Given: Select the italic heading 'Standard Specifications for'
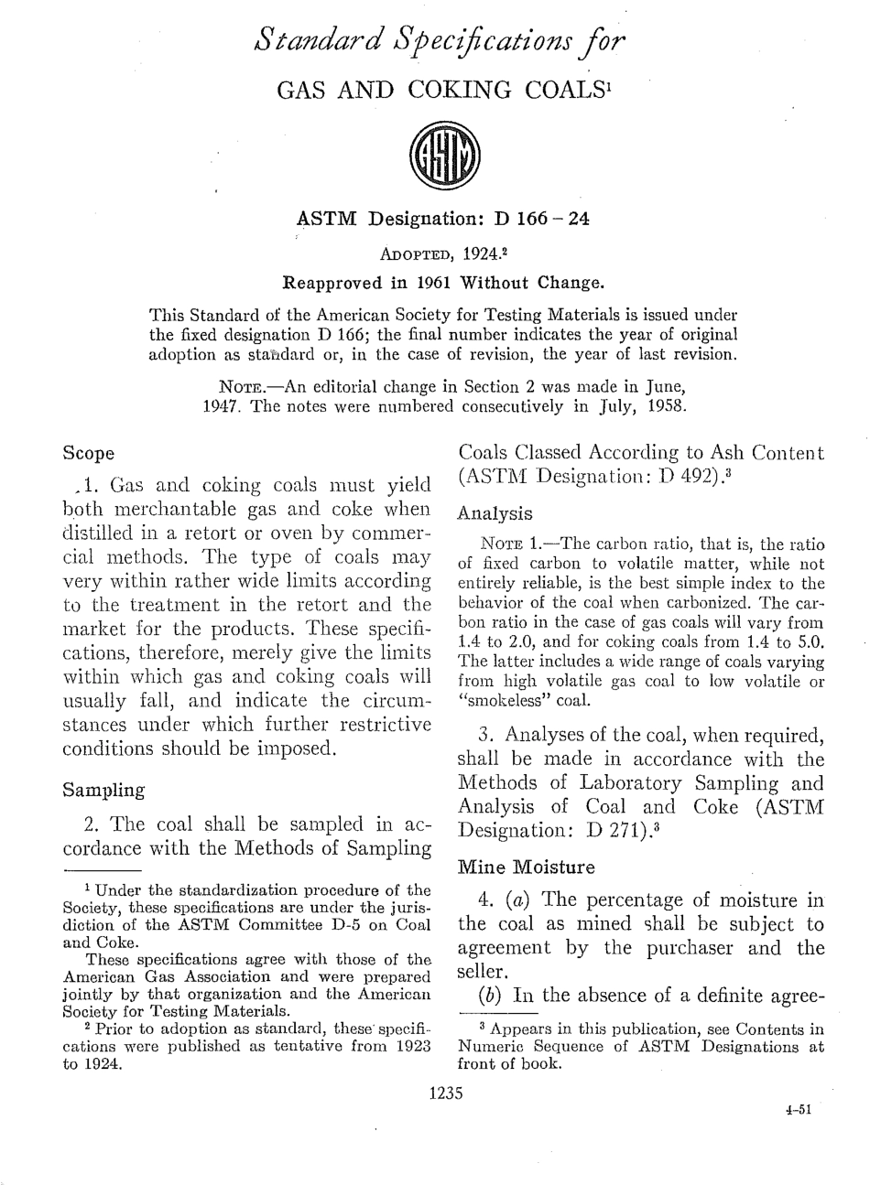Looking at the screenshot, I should tap(441, 41).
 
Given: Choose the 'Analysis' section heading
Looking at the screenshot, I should tap(495, 513).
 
